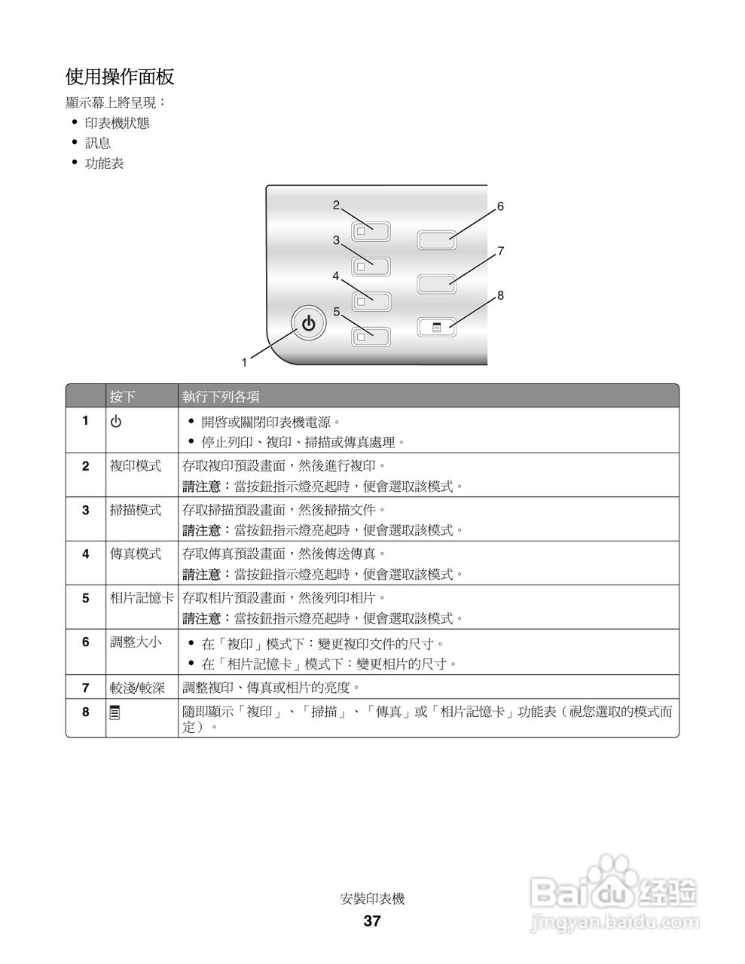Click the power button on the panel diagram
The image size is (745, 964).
(307, 324)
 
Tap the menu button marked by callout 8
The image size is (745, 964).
(437, 327)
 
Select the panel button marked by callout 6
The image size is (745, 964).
(437, 239)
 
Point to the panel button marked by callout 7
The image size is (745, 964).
(437, 283)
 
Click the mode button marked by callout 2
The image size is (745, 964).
(371, 231)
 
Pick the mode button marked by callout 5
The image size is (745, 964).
(371, 336)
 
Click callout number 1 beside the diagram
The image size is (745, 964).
(244, 362)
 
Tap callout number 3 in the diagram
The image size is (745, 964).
(336, 240)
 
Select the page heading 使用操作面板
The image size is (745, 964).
(121, 77)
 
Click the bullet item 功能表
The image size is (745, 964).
(104, 163)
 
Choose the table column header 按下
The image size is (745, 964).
(123, 396)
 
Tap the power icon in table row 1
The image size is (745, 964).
(116, 422)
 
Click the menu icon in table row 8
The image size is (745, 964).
(114, 712)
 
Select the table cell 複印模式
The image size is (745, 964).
(136, 466)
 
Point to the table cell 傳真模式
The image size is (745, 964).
(136, 554)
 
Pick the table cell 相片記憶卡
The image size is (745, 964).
(142, 598)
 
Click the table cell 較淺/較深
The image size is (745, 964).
(137, 688)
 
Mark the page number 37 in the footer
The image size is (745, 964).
(372, 921)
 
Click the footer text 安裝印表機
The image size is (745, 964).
(372, 898)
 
